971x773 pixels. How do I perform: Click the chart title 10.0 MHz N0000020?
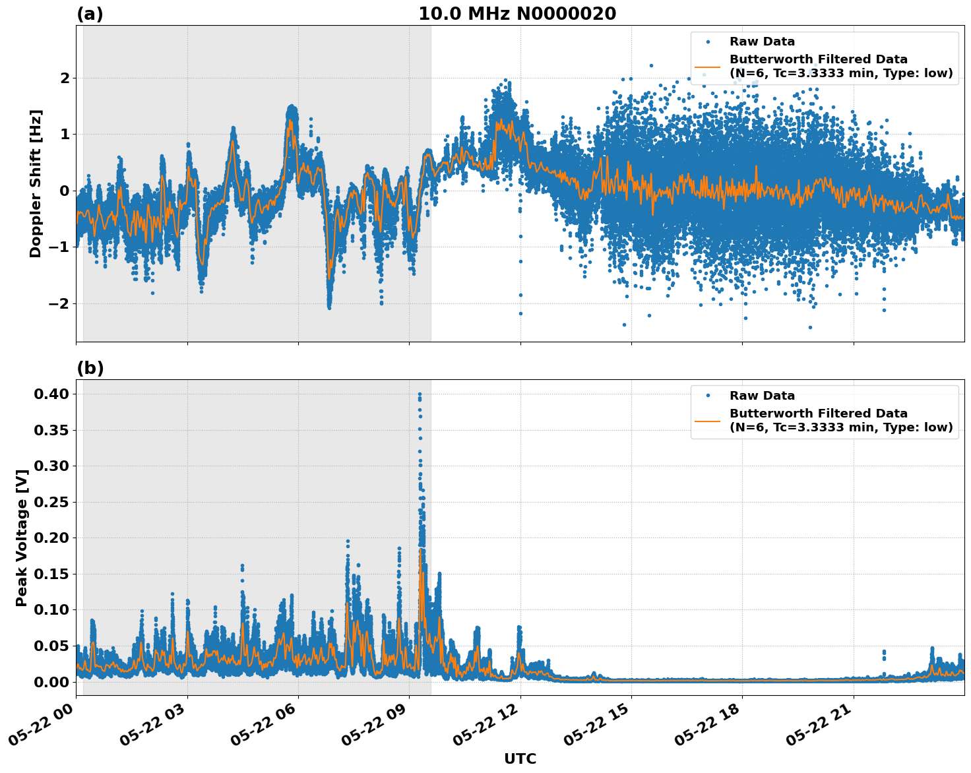click(x=517, y=14)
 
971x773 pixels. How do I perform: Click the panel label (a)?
click(x=90, y=14)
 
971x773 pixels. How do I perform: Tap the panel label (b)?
click(x=90, y=368)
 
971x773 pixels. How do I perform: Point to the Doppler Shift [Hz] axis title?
click(x=36, y=183)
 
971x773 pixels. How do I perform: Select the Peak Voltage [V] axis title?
click(x=22, y=538)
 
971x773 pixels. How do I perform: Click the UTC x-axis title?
click(x=520, y=758)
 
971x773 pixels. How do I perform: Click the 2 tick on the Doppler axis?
click(x=64, y=78)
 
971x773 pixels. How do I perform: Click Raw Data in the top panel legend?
click(x=762, y=42)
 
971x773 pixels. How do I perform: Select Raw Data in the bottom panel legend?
click(x=762, y=396)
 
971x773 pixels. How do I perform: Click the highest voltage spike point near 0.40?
click(x=420, y=394)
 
